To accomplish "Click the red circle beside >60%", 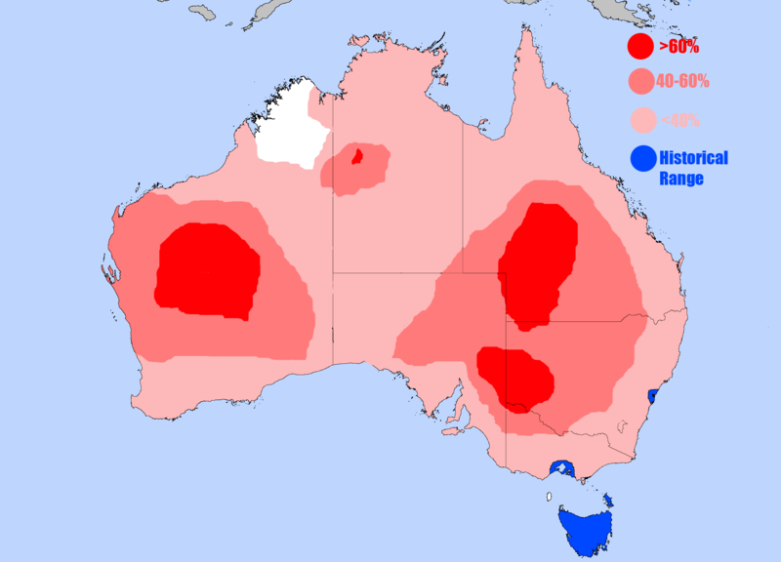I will point(640,46).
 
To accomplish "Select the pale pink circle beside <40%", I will point(640,120).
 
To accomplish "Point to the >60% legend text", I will point(678,46).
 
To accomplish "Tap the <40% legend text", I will point(679,120).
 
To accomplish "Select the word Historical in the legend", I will point(693,158).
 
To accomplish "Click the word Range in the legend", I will point(680,179).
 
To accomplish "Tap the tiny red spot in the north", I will point(357,155).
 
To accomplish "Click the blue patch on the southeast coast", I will point(653,395).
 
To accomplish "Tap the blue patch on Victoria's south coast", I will point(561,468).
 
